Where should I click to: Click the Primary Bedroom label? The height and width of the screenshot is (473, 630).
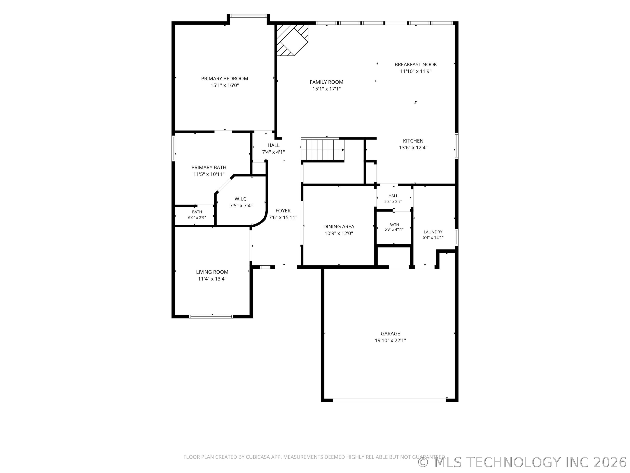(224, 78)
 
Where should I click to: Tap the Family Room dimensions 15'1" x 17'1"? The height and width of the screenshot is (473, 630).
(326, 89)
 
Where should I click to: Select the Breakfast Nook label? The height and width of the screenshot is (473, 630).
(416, 64)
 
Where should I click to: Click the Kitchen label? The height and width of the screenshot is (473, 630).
(413, 141)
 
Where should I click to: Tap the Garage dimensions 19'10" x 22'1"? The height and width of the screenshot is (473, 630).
(390, 340)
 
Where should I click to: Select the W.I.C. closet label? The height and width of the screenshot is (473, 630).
(241, 199)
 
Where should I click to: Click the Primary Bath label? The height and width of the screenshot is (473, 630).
(209, 167)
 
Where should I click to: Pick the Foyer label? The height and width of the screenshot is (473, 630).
(283, 211)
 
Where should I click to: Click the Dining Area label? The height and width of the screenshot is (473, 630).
(339, 227)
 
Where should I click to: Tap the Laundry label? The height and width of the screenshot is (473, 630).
(433, 232)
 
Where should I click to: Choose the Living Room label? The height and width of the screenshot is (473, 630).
(212, 272)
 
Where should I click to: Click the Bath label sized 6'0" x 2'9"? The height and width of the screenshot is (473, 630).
(197, 212)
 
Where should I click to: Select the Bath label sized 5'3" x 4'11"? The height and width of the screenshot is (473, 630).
(394, 225)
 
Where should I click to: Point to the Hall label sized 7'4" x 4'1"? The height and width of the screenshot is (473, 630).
(273, 145)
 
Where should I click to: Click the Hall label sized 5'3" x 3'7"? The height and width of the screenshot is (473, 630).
(393, 196)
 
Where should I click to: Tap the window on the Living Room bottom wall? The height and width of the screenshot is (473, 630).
(211, 316)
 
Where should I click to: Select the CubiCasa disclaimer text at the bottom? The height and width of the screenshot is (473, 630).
(314, 457)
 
